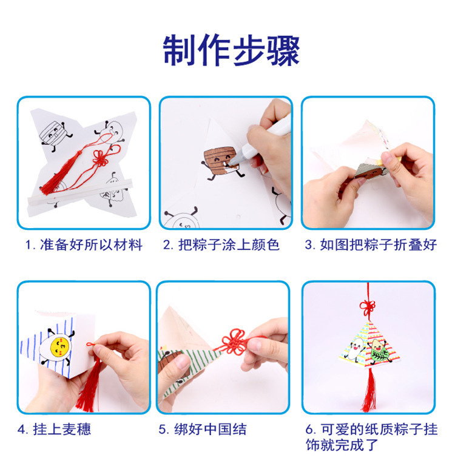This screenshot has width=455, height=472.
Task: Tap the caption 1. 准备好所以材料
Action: point(83,245)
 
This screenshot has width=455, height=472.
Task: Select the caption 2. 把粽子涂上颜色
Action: point(221,245)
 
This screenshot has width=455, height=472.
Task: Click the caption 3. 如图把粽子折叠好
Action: point(370,245)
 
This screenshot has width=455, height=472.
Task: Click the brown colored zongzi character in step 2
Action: point(217,159)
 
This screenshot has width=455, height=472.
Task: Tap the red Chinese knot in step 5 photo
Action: point(231,342)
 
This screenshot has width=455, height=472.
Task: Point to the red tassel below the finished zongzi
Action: point(368,391)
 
